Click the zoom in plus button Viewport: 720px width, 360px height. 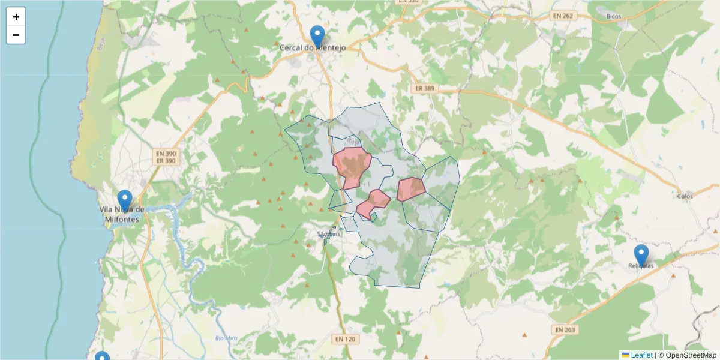coord(16,17)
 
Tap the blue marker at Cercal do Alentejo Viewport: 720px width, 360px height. coord(317,37)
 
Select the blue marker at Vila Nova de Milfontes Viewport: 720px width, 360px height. coord(125,200)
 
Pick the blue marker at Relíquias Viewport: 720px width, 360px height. coord(641,255)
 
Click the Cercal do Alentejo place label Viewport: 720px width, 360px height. coord(313,47)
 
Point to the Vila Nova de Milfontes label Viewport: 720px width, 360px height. coord(122,214)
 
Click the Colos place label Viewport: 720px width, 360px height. coord(685,196)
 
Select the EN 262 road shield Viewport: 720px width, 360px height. coord(563,16)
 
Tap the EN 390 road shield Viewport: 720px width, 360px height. coord(166,154)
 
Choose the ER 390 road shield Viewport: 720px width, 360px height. coord(166,161)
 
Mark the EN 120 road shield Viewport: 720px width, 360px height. coord(345,340)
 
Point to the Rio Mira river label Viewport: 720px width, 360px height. coord(226,338)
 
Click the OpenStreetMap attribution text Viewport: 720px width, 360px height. coord(687,355)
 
